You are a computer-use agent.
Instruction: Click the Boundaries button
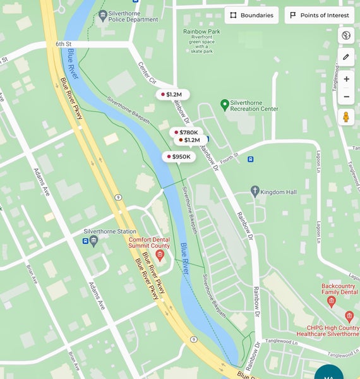click(x=251, y=15)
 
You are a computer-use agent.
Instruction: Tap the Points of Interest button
click(x=319, y=15)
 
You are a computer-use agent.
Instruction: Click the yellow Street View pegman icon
click(x=346, y=117)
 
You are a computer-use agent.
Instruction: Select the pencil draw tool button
click(x=346, y=57)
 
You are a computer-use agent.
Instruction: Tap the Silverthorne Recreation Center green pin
click(x=224, y=104)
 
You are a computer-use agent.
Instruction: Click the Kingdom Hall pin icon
click(x=255, y=190)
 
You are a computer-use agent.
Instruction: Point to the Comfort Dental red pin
click(x=160, y=255)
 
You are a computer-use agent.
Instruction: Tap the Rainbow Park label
click(x=201, y=31)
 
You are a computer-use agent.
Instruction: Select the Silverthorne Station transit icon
click(x=86, y=241)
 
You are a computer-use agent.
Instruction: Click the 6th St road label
click(x=64, y=44)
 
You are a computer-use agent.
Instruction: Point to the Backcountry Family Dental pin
click(x=331, y=301)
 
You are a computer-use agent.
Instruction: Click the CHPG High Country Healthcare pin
click(x=349, y=316)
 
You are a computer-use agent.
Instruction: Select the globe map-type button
click(x=346, y=35)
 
